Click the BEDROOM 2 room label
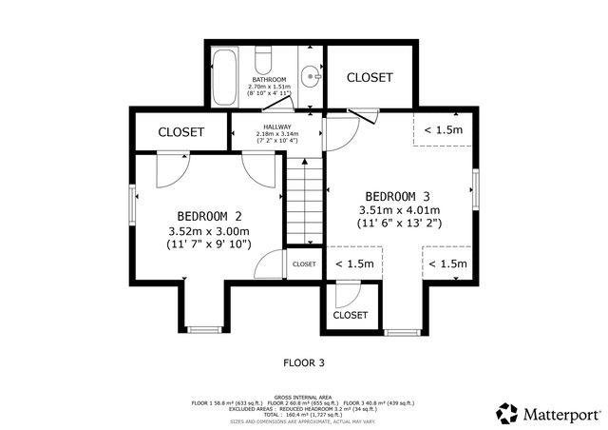pyautogui.click(x=209, y=215)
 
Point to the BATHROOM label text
pyautogui.click(x=268, y=79)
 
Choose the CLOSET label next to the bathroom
pyautogui.click(x=370, y=77)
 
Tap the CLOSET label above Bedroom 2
pyautogui.click(x=180, y=132)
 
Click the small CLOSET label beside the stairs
pyautogui.click(x=304, y=264)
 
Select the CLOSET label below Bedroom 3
pyautogui.click(x=351, y=315)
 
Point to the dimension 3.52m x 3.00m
pyautogui.click(x=208, y=231)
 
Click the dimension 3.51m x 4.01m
pyautogui.click(x=399, y=210)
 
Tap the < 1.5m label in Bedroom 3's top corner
pyautogui.click(x=443, y=129)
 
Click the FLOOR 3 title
pyautogui.click(x=304, y=362)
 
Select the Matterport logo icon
pyautogui.click(x=507, y=413)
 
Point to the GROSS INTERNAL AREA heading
pyautogui.click(x=303, y=397)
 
